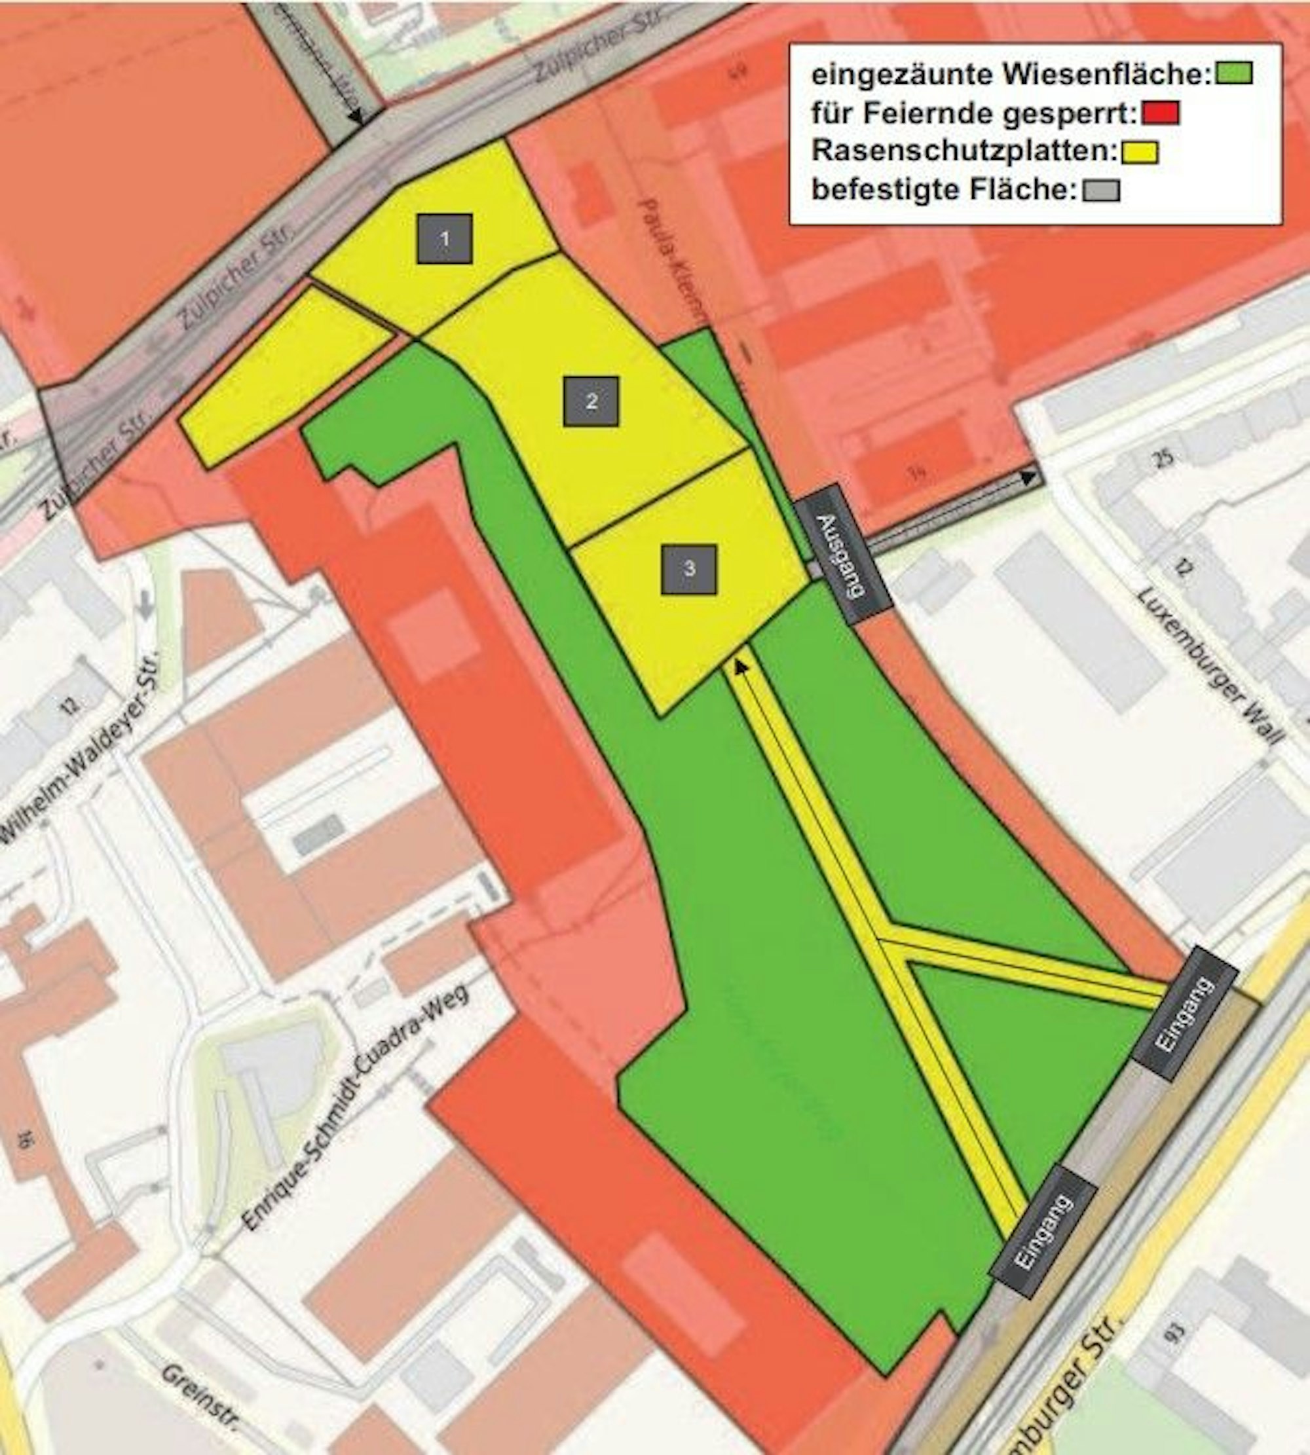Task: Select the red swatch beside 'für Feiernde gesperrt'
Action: pyautogui.click(x=1160, y=113)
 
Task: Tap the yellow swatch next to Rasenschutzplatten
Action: pyautogui.click(x=1138, y=152)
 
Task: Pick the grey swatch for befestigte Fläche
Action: pyautogui.click(x=1100, y=190)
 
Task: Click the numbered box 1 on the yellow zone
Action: pyautogui.click(x=445, y=238)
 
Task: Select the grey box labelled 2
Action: pyautogui.click(x=591, y=401)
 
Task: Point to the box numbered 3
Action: pyautogui.click(x=689, y=569)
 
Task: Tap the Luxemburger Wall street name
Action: pyautogui.click(x=1209, y=665)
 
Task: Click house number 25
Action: pyautogui.click(x=1164, y=458)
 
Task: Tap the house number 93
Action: pyautogui.click(x=1178, y=1333)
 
